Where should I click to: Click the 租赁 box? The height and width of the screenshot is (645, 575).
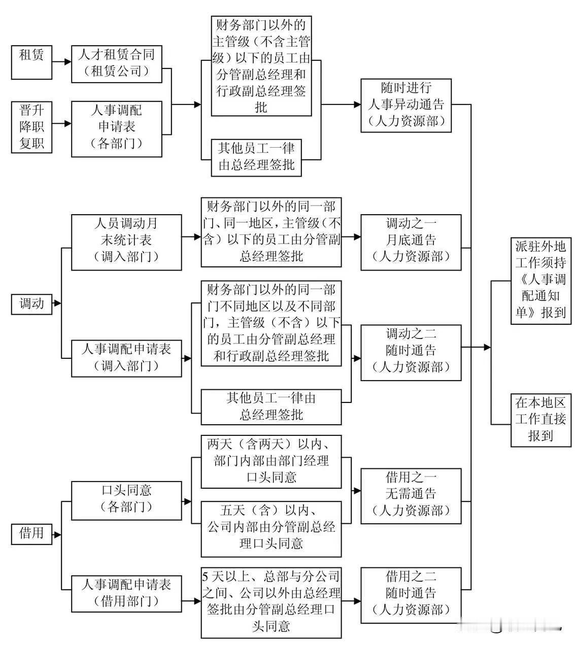point(31,62)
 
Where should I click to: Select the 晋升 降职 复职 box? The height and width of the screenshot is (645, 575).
point(31,127)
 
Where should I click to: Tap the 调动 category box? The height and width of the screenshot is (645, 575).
point(31,304)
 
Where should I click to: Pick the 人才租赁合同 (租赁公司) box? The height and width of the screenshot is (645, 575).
point(116,64)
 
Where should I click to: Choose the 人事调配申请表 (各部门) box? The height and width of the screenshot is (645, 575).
point(116,128)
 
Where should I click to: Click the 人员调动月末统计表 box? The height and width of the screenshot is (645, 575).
point(126,242)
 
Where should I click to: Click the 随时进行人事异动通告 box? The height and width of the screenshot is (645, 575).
point(406,106)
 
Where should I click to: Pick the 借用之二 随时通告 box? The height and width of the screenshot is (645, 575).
point(411,595)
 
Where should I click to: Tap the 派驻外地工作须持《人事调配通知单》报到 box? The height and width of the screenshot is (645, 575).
point(540,281)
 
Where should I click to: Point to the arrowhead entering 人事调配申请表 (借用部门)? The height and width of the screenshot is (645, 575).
point(67,590)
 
